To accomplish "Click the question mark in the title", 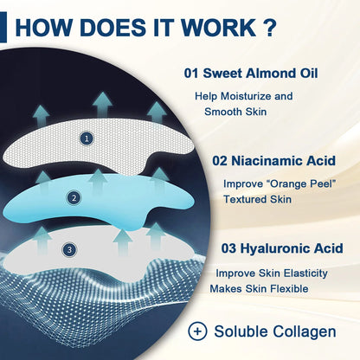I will click(x=270, y=24).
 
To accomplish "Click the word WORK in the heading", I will click(x=220, y=24).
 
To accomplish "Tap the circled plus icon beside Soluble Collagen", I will click(x=198, y=331).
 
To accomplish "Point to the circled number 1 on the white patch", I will click(x=85, y=138).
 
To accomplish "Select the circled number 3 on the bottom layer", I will click(x=68, y=250).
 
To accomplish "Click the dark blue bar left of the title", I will click(x=4, y=24).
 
